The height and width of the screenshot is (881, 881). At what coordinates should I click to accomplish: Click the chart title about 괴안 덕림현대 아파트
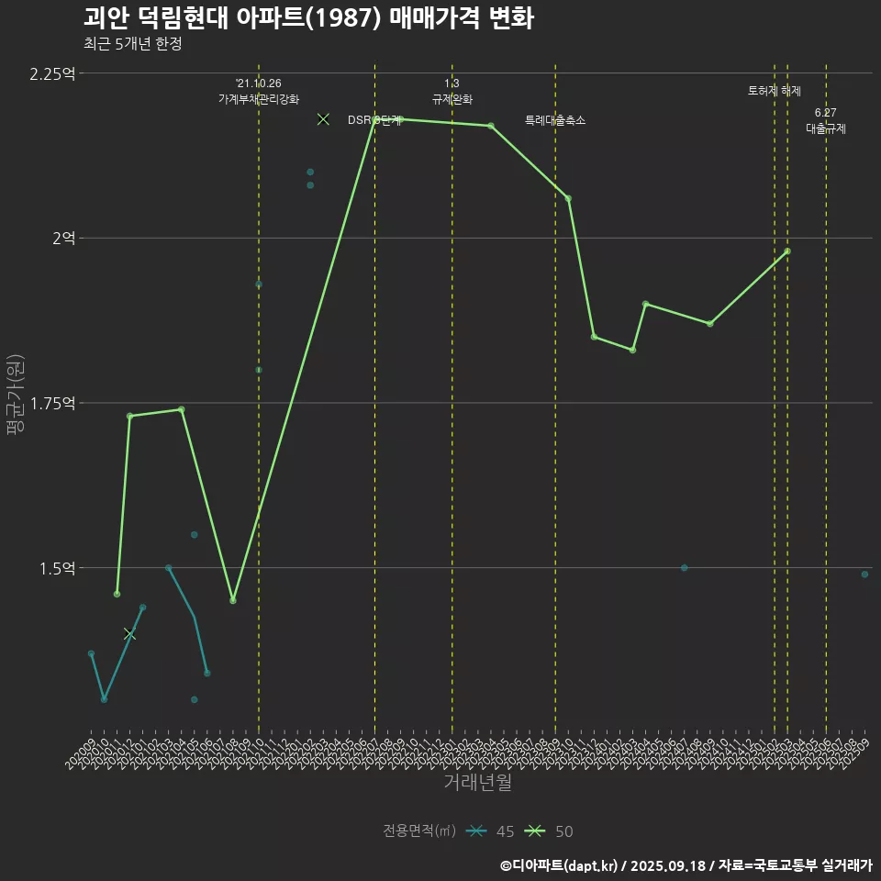tap(307, 18)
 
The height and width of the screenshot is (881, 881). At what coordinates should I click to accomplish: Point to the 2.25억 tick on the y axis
tap(52, 73)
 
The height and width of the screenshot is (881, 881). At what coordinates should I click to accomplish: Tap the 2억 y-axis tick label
tap(63, 239)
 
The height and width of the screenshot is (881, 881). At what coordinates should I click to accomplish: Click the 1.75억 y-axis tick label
tap(52, 404)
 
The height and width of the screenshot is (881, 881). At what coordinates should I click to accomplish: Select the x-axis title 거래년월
tap(477, 783)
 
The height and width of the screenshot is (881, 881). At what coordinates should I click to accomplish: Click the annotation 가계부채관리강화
tap(259, 99)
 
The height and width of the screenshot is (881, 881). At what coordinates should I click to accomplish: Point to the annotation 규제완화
tap(452, 99)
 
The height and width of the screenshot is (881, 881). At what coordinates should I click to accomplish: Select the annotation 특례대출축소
tap(555, 120)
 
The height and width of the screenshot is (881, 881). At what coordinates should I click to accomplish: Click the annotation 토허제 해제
tap(775, 91)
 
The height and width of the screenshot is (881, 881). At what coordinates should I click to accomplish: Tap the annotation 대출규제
tap(826, 129)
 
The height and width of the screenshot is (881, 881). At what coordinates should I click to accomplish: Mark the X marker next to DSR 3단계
tap(323, 119)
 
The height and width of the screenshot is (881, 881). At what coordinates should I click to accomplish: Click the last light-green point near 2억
tap(787, 251)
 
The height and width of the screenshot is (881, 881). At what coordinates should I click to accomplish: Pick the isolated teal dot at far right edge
tap(864, 574)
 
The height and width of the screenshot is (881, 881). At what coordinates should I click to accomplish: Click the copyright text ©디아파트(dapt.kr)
tap(561, 864)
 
